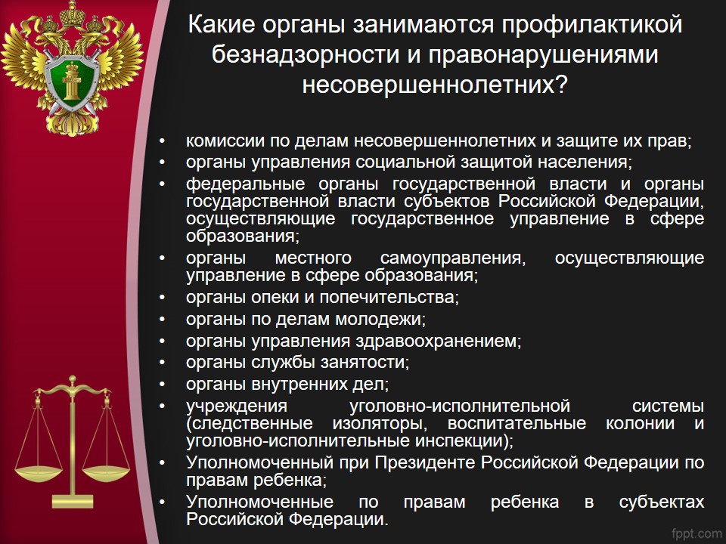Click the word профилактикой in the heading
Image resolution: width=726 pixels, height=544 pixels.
592,25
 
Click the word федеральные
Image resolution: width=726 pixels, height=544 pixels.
245,184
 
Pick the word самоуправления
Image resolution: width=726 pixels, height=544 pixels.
453,258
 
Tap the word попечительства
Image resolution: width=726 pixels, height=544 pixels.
389,298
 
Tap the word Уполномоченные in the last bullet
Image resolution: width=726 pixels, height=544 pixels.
259,502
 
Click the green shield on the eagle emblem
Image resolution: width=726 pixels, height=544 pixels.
72,83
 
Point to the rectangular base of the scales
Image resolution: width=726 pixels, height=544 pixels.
73,502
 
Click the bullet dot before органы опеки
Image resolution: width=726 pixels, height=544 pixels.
162,298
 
